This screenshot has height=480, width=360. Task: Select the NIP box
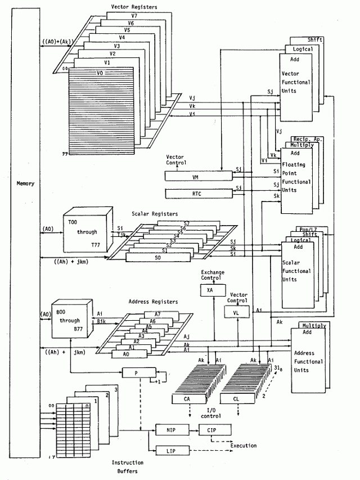point(170,430)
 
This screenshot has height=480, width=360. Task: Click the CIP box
point(211,430)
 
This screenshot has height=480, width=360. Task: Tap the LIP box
point(170,451)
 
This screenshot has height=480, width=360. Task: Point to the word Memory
point(25,183)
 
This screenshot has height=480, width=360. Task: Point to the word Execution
point(243,446)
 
